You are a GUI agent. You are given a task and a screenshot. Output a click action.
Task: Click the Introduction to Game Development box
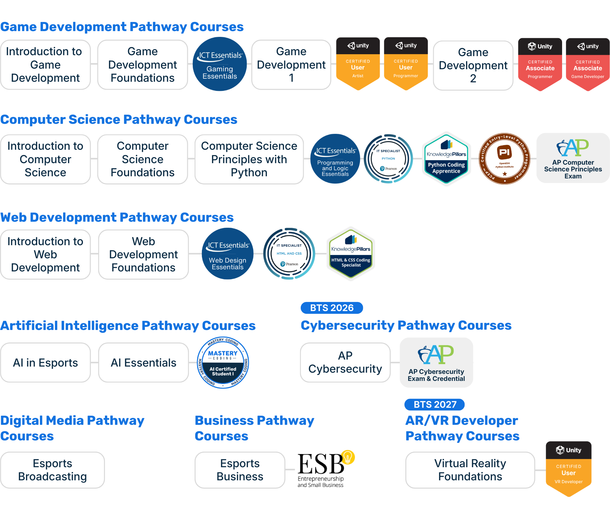pos(45,65)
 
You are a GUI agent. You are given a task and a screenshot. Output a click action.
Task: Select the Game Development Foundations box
pos(142,65)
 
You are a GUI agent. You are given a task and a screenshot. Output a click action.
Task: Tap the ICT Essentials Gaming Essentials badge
pos(220,64)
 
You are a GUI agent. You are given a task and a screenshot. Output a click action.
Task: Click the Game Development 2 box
pos(473,65)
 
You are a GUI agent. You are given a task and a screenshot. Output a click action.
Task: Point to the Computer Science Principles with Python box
pos(249,159)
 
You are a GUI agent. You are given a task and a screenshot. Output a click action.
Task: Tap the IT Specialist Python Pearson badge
pos(388,159)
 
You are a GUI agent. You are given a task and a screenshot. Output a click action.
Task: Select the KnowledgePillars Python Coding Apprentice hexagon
pos(446,159)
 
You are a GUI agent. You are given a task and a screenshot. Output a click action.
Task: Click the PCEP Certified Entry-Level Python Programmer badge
pos(504,159)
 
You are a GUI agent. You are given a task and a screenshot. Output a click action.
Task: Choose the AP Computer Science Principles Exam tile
pos(573,158)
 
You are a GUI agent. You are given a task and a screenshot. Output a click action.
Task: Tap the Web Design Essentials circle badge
pos(228,253)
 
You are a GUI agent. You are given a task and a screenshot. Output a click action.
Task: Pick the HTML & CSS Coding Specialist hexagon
pos(351,254)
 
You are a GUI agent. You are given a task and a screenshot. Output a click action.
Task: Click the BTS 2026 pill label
pos(332,308)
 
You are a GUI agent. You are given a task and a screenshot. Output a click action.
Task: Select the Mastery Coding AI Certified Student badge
pos(223,362)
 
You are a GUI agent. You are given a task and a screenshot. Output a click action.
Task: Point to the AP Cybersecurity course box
pos(345,362)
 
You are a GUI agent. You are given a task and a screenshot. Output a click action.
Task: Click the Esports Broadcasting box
pos(52,470)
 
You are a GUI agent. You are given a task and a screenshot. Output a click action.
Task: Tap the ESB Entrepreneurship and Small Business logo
pos(326,470)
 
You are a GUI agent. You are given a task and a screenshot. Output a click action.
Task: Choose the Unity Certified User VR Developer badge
pos(569,468)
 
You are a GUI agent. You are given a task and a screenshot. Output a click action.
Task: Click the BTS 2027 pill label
pos(435,404)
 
